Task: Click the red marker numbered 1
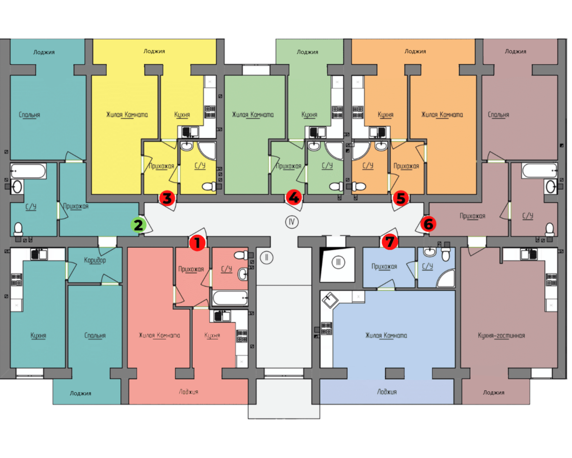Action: click(197, 243)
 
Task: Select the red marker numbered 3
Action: click(167, 198)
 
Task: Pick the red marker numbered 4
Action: click(294, 198)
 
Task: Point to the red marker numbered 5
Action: click(400, 198)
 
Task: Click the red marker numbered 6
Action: click(427, 224)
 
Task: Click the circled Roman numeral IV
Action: click(292, 221)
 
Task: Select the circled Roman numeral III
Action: click(339, 262)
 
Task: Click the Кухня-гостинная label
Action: click(501, 336)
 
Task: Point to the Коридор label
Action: click(95, 261)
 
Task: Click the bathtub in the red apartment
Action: click(230, 298)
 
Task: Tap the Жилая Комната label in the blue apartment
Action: click(386, 336)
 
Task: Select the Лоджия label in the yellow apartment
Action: click(154, 51)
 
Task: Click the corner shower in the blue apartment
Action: click(446, 278)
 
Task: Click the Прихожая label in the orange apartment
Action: click(406, 166)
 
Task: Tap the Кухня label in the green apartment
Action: click(309, 115)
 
